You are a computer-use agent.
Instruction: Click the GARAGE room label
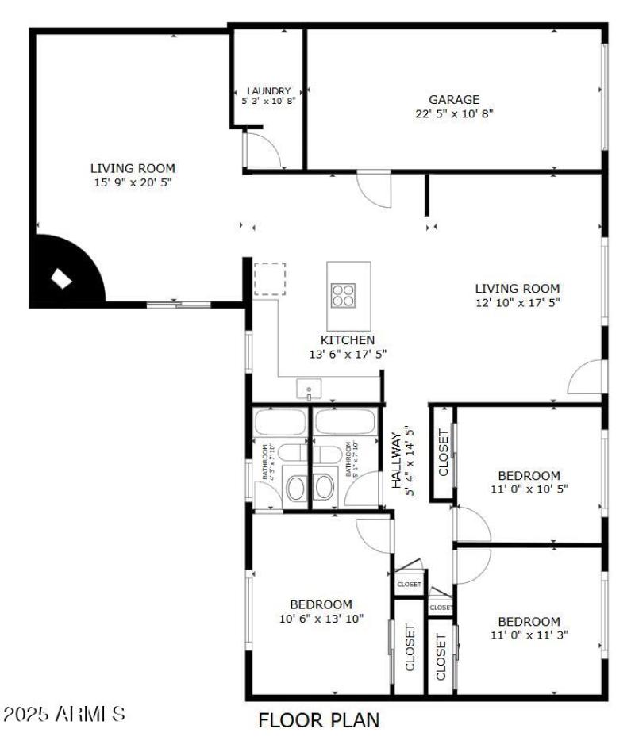[x=454, y=100]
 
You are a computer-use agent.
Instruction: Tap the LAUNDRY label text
[x=268, y=91]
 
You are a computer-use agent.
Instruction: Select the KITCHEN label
[x=348, y=339]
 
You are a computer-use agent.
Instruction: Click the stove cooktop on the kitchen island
[x=344, y=294]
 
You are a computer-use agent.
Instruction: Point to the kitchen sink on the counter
[x=308, y=389]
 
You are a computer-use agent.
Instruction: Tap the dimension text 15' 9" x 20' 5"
[x=133, y=182]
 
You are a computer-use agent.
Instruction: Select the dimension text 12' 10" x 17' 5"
[x=518, y=303]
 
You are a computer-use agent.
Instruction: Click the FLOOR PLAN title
[x=318, y=720]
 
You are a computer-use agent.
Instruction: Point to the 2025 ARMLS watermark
[x=64, y=714]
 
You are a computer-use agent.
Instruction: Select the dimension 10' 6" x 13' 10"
[x=321, y=619]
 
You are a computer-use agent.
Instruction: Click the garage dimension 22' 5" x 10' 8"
[x=454, y=113]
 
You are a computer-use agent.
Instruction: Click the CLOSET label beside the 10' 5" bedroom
[x=443, y=452]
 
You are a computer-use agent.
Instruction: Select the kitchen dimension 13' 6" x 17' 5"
[x=348, y=354]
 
